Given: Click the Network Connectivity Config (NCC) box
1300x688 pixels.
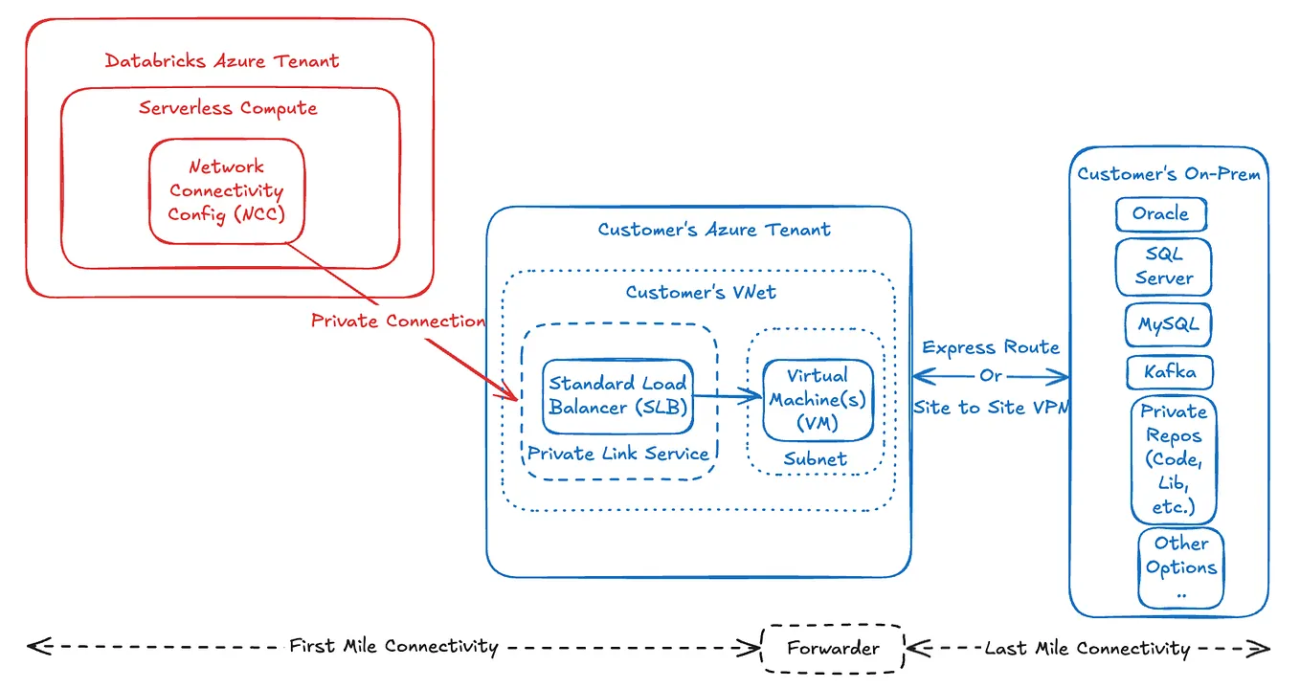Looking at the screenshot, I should pos(227,190).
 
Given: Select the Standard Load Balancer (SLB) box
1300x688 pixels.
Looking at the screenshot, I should pos(617,394).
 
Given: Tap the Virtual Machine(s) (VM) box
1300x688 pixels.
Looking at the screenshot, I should pos(818,400).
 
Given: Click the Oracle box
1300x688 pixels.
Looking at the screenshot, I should pos(1160,214).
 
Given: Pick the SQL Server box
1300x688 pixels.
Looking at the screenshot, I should pos(1163,267).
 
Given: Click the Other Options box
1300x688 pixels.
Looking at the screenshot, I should pos(1180,567).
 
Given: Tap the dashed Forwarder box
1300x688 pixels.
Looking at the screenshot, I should pos(833,649).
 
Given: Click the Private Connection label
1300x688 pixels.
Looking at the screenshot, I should pos(397,322).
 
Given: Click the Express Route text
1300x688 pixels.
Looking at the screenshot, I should pos(991,347).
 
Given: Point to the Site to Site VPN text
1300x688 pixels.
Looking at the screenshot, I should pos(991,408).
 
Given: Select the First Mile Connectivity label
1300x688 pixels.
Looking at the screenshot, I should pos(393,647).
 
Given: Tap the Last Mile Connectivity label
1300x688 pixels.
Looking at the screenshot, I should pos(1087,649).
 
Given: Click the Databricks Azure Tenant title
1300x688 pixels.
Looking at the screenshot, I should pos(222,61).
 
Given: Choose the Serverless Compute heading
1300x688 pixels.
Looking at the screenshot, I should pos(228,108).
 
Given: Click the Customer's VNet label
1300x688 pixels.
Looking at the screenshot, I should pos(701,293).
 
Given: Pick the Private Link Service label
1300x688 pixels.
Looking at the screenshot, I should pos(618,454).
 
